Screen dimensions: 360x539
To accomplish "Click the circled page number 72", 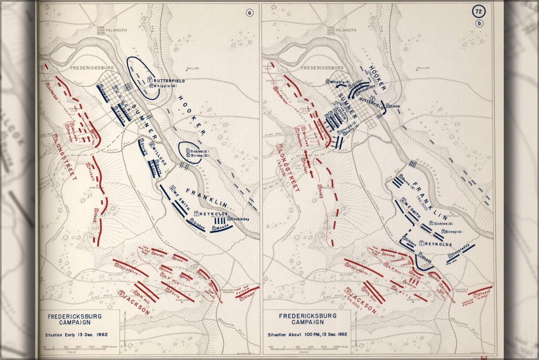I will (x=479, y=12).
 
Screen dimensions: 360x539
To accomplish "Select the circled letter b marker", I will (x=479, y=23).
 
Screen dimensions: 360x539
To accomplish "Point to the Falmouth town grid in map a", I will (x=102, y=30).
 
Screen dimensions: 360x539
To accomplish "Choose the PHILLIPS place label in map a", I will (x=193, y=68).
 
